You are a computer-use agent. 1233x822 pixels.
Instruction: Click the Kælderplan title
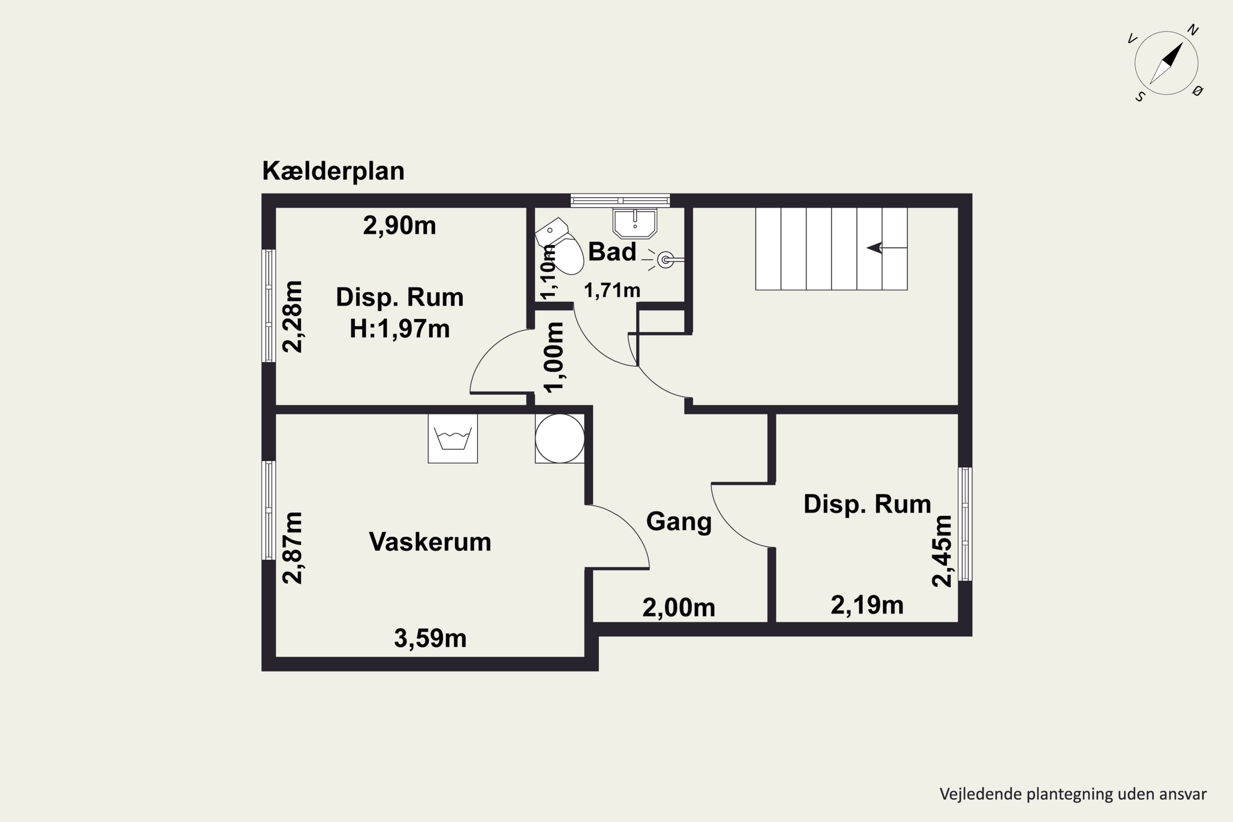tap(333, 171)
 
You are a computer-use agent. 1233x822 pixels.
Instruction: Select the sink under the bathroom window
tap(634, 223)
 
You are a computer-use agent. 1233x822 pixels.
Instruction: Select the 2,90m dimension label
tap(399, 225)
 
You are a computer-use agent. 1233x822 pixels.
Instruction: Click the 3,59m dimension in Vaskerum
tap(430, 638)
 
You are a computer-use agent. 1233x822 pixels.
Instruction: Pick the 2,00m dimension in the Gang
tap(679, 607)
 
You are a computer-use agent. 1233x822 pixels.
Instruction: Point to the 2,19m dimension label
tap(867, 605)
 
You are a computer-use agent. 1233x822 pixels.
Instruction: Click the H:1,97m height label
tap(399, 329)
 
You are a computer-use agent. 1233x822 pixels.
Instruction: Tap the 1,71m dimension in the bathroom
tap(612, 290)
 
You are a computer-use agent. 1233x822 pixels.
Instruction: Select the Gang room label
tap(679, 522)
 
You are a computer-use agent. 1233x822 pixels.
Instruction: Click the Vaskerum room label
tap(430, 542)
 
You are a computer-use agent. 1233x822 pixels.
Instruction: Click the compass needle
tap(1166, 63)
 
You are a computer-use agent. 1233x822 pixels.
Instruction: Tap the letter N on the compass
tap(1193, 30)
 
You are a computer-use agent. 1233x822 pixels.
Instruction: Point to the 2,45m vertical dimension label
tap(942, 551)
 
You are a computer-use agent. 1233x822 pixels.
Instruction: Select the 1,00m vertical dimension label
tap(554, 358)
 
